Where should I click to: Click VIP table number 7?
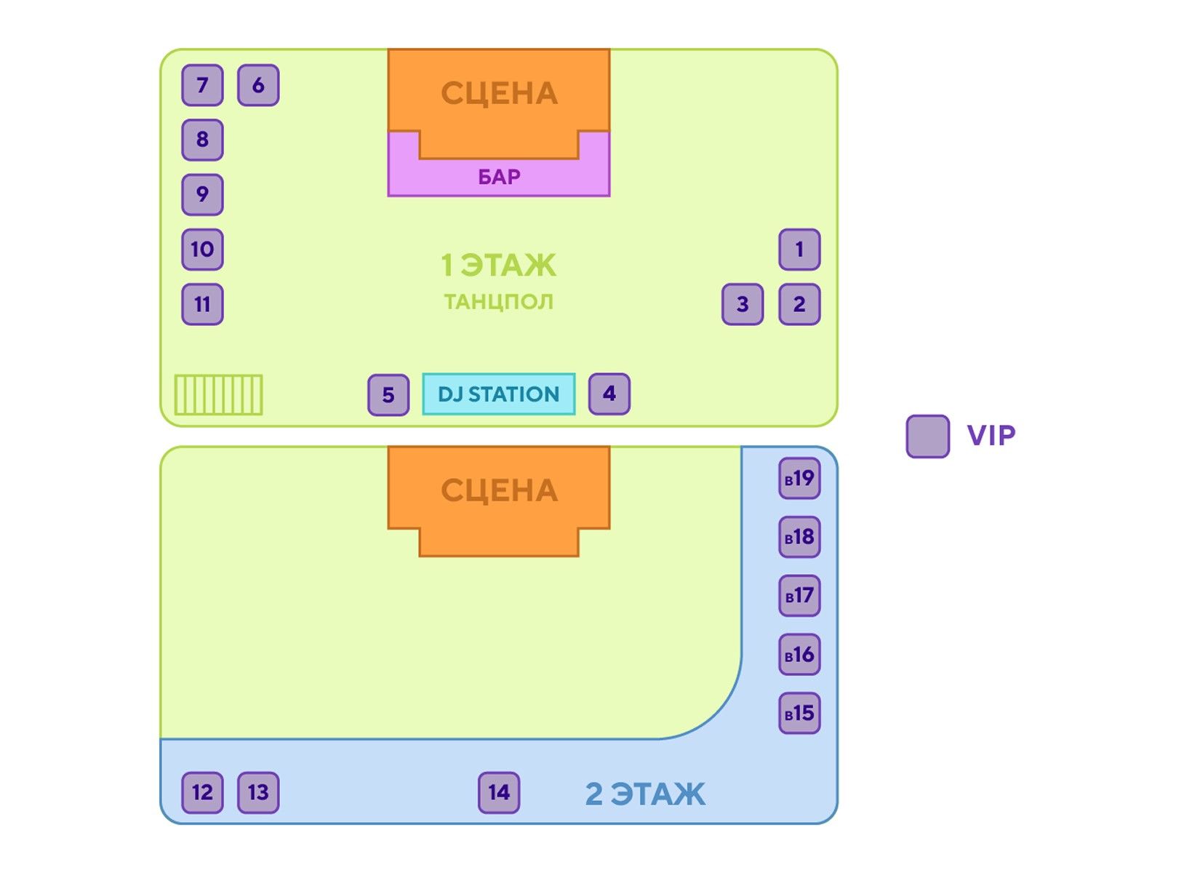[202, 85]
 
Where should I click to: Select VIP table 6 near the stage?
[258, 85]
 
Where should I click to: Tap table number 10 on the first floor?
[202, 250]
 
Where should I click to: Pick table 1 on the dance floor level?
[799, 250]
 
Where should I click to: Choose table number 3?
[743, 304]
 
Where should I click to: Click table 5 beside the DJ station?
[388, 395]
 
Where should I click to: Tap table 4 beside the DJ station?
[609, 394]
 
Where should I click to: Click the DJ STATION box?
[499, 394]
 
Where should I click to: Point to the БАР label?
[499, 177]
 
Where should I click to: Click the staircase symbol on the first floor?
[218, 395]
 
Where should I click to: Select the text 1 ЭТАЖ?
[499, 265]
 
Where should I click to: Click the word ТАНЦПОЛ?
[499, 301]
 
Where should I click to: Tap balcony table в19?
[799, 479]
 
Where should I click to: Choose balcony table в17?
[799, 596]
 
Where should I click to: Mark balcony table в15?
[799, 713]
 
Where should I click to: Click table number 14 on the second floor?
[499, 792]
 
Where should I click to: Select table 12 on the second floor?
[202, 792]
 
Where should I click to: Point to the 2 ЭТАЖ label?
[645, 794]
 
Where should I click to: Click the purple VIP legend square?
[927, 436]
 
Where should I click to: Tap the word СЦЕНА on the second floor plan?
[499, 491]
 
